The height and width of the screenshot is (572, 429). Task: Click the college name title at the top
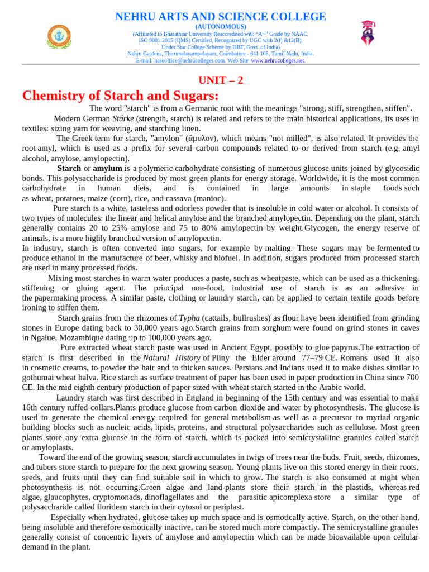[220, 17]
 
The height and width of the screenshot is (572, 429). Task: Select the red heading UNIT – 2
[221, 80]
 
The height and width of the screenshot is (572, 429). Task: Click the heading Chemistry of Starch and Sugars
[120, 96]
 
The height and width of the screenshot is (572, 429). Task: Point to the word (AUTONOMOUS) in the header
[220, 27]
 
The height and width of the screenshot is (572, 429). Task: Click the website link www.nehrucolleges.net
[278, 60]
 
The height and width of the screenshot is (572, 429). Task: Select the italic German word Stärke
[123, 118]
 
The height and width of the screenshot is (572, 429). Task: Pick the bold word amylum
[107, 168]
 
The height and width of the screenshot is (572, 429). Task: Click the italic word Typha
[189, 318]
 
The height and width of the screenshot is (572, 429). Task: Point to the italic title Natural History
[171, 357]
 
